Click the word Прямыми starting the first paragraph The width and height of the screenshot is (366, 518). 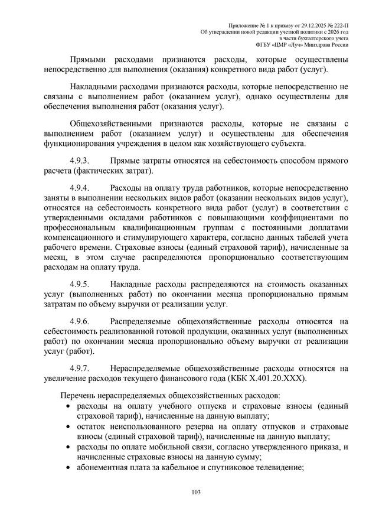point(87,61)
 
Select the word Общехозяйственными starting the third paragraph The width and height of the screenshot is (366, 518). point(110,124)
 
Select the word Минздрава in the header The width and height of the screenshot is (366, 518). point(322,44)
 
